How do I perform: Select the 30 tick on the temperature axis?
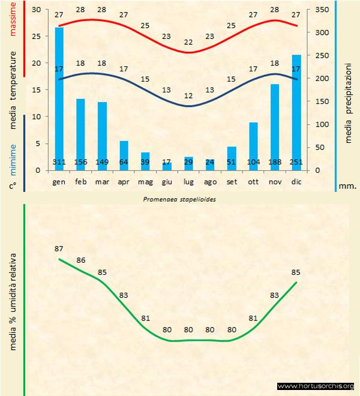tap(36, 10)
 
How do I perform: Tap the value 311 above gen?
tap(59, 162)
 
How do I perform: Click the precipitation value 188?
tap(275, 162)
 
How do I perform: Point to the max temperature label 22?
tap(188, 43)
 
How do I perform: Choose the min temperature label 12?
tap(188, 96)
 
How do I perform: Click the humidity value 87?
tap(59, 249)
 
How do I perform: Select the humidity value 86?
tap(81, 260)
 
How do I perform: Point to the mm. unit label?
tap(347, 186)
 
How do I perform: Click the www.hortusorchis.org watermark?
tap(316, 386)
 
